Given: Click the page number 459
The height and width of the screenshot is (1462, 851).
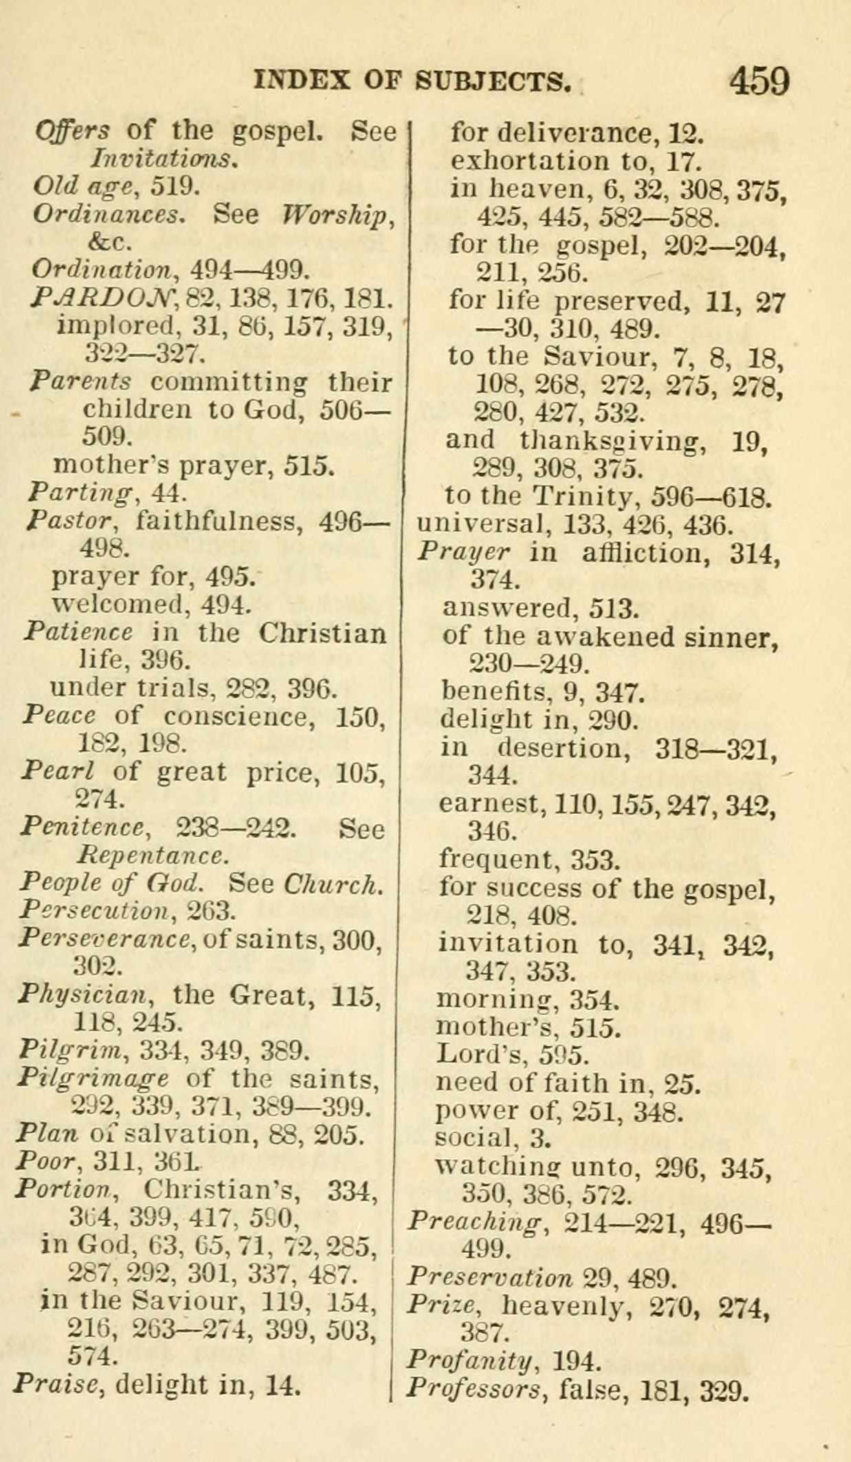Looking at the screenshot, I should coord(759,81).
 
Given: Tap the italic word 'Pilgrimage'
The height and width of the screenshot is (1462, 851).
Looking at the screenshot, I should coord(93,1078).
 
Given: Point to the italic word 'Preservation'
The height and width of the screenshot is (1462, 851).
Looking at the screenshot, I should coord(489,1278).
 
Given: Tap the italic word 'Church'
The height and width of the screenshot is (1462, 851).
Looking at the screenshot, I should coord(333,883).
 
